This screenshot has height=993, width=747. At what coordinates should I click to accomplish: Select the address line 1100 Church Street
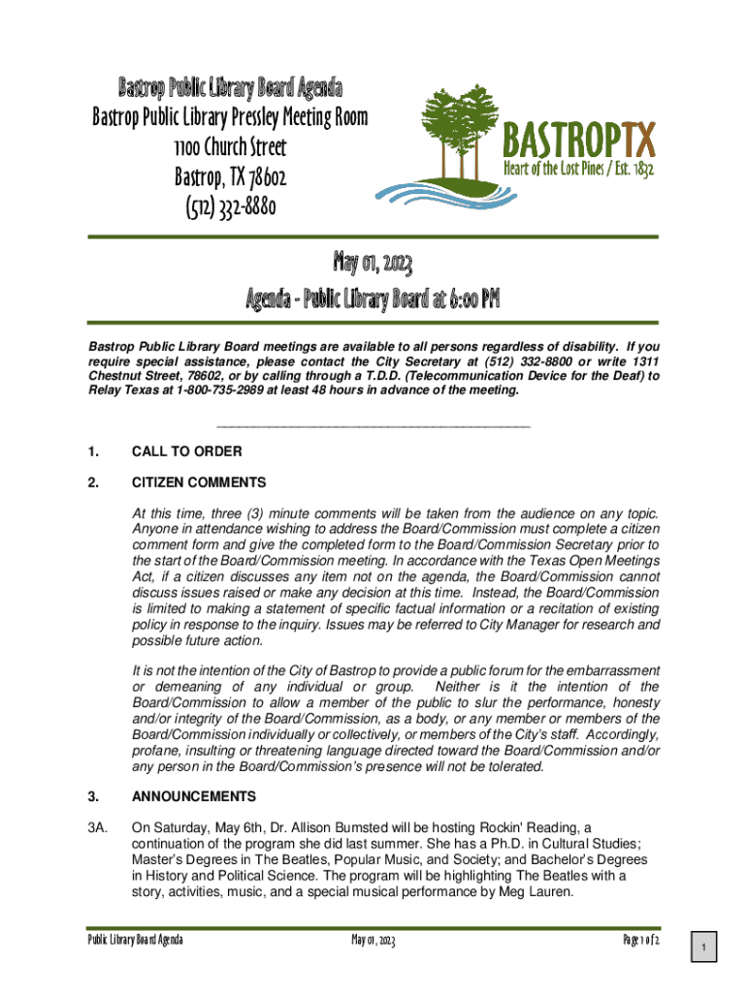click(x=230, y=147)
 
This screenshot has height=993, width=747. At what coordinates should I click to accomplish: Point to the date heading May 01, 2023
click(x=373, y=263)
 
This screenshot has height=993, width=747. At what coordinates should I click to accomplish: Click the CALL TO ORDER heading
click(x=186, y=451)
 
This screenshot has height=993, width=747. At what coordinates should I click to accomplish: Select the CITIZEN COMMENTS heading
click(x=198, y=482)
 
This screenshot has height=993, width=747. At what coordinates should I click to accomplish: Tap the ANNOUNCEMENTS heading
click(x=194, y=796)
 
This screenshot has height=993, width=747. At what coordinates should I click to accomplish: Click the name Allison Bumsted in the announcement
click(x=298, y=827)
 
